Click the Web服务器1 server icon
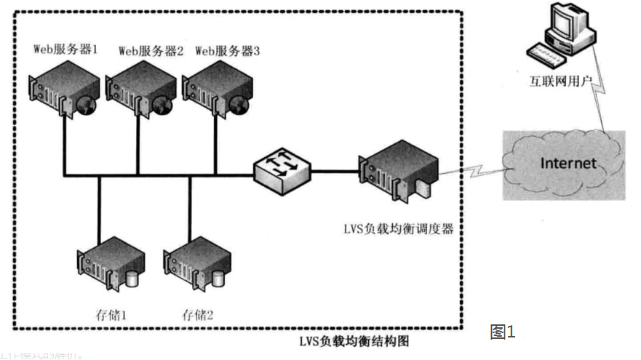[63, 91]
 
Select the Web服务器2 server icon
[139, 91]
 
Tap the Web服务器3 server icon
[215, 91]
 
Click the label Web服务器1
[65, 49]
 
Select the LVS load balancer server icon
[399, 172]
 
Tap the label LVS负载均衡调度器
[399, 229]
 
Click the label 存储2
[199, 314]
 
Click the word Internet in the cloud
[568, 163]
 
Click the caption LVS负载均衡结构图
[359, 340]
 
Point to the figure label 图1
[503, 332]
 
